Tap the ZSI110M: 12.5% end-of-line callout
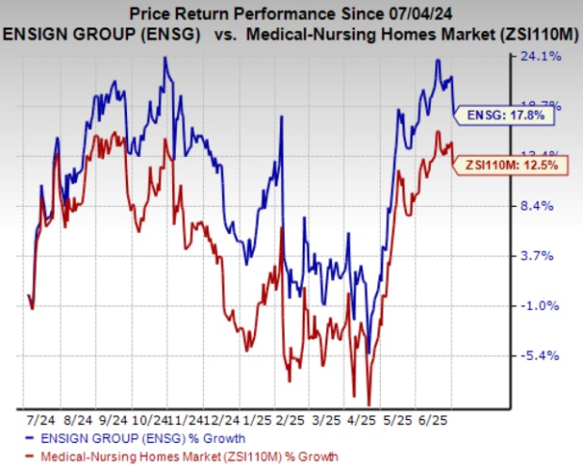tap(513, 165)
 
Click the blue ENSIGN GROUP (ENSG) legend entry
tap(134, 438)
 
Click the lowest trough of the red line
tap(370, 402)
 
